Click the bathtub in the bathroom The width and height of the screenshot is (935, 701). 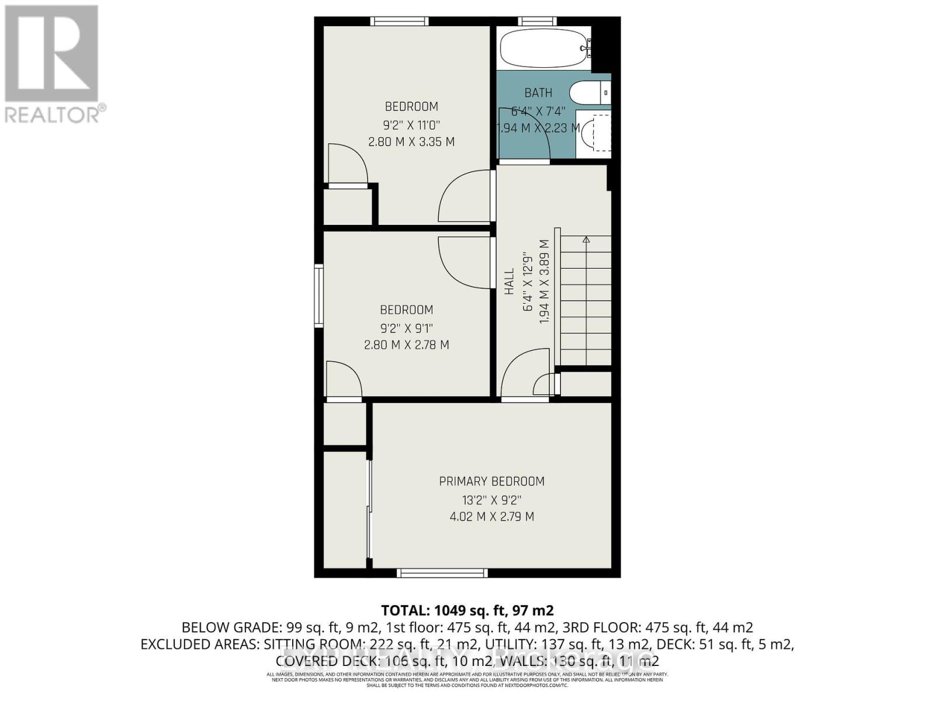pyautogui.click(x=542, y=49)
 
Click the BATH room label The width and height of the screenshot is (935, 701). pyautogui.click(x=538, y=93)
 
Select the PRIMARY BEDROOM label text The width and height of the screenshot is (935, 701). pyautogui.click(x=491, y=481)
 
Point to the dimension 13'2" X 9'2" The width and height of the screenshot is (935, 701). pyautogui.click(x=491, y=500)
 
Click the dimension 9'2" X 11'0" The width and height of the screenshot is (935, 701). pyautogui.click(x=411, y=124)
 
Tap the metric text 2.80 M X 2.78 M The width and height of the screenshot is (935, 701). pyautogui.click(x=407, y=345)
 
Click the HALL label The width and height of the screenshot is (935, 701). pyautogui.click(x=510, y=282)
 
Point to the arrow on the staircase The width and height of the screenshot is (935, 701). pyautogui.click(x=586, y=240)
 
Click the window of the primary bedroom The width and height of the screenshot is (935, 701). pyautogui.click(x=442, y=573)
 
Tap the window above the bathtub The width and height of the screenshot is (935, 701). pyautogui.click(x=537, y=22)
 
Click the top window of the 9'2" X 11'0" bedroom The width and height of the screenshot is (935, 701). pyautogui.click(x=400, y=22)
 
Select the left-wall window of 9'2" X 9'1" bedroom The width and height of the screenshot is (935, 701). pyautogui.click(x=318, y=296)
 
